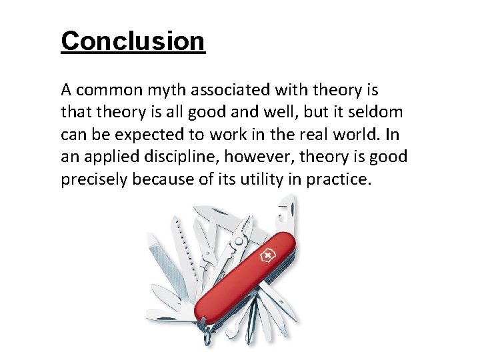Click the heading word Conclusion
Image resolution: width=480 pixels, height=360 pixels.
click(x=133, y=41)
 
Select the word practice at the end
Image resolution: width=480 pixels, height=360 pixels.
click(x=337, y=179)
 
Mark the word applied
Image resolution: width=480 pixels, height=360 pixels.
click(x=101, y=157)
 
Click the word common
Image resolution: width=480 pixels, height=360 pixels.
click(x=106, y=89)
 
